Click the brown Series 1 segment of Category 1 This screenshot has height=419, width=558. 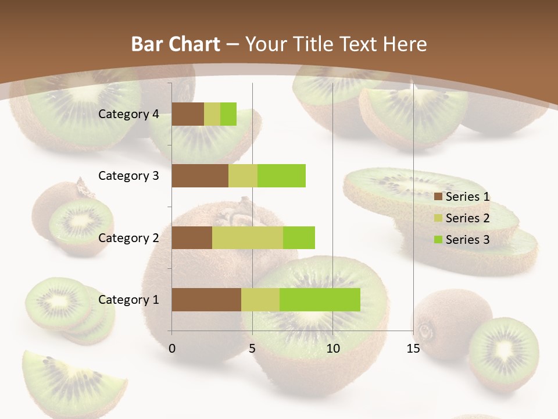(x=206, y=300)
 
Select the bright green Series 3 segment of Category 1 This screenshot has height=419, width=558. (x=320, y=300)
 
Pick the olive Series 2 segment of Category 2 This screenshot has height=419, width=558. (x=247, y=237)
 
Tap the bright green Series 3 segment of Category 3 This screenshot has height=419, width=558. (x=281, y=176)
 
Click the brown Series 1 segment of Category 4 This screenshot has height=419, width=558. (x=188, y=114)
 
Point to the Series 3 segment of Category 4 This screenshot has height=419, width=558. (x=228, y=114)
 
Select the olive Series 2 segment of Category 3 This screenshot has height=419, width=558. (x=243, y=176)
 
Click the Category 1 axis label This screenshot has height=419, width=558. (x=128, y=300)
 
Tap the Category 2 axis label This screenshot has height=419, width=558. (x=128, y=237)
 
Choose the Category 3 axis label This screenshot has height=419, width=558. (x=128, y=175)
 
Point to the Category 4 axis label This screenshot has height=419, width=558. (x=128, y=114)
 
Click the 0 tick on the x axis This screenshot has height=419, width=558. (x=172, y=349)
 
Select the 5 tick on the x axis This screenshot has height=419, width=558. (x=252, y=349)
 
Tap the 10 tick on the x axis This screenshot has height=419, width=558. (x=332, y=349)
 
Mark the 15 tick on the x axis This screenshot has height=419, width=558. (x=413, y=349)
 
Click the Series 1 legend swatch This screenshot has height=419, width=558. (x=438, y=197)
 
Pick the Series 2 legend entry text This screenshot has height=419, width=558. (x=467, y=218)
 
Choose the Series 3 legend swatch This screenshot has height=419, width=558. (x=438, y=240)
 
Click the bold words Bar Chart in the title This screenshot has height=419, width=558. (x=175, y=44)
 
